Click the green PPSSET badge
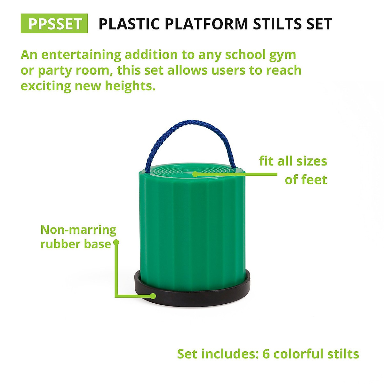pyautogui.click(x=54, y=24)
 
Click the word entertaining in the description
pyautogui.click(x=81, y=55)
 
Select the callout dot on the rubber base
pyautogui.click(x=154, y=296)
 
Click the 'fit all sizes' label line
pyautogui.click(x=293, y=161)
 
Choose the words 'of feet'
pyautogui.click(x=306, y=180)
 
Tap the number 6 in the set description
pyautogui.click(x=266, y=354)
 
